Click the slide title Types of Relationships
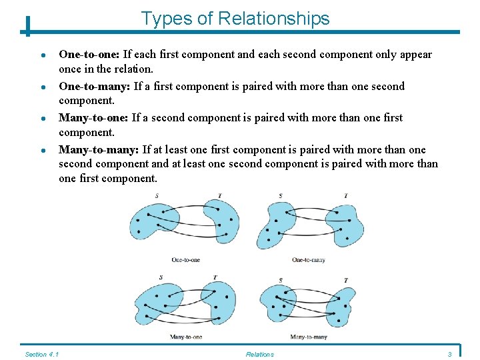pos(235,18)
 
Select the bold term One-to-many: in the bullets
pos(94,86)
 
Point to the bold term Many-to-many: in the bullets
pos(99,149)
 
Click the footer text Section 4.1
pos(41,354)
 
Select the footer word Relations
pos(259,354)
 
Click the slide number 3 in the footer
pos(450,354)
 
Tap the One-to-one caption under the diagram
pos(185,259)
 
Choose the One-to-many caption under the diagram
pos(309,259)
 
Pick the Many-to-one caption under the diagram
pos(186,337)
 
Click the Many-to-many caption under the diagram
pos(309,337)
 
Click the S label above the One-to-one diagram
pos(157,195)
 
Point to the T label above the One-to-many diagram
pos(345,195)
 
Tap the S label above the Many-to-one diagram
pos(161,277)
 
